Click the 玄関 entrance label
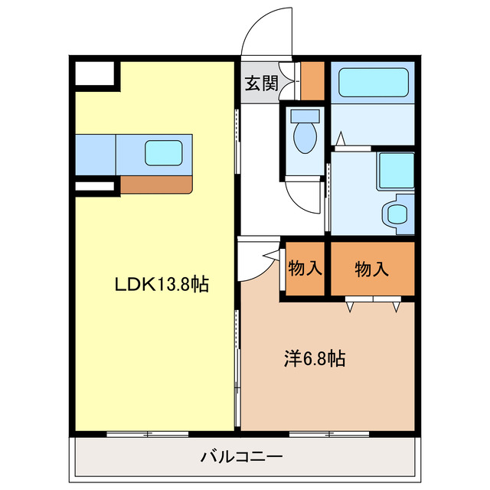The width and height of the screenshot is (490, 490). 261,83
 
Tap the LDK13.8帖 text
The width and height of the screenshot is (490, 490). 162,285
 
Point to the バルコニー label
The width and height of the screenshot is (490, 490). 242,457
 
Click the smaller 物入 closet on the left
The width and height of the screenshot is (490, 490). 305,268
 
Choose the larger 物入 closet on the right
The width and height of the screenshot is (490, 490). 372,268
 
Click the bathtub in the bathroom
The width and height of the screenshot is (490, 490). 372,82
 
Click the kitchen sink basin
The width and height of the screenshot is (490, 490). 163,152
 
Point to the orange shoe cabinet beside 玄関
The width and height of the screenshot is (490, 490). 312,80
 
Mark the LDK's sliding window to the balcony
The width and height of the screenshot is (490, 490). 148,434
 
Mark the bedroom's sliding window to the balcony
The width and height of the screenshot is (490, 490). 329,434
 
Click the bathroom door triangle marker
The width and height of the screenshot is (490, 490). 342,139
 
